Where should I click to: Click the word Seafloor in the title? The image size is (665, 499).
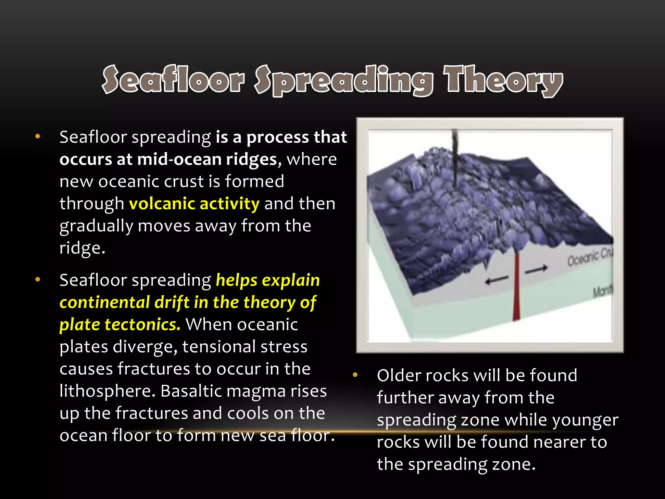click(173, 80)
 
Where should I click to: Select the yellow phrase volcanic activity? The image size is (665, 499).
click(194, 204)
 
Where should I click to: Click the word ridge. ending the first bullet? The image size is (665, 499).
click(82, 248)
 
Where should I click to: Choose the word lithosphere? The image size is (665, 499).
click(107, 391)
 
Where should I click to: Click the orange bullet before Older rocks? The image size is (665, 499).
click(355, 375)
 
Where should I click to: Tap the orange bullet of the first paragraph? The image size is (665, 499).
click(38, 136)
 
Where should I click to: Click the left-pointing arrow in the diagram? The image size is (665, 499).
click(496, 280)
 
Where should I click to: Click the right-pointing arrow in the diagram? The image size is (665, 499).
click(536, 269)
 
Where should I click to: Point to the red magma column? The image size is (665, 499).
click(516, 286)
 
